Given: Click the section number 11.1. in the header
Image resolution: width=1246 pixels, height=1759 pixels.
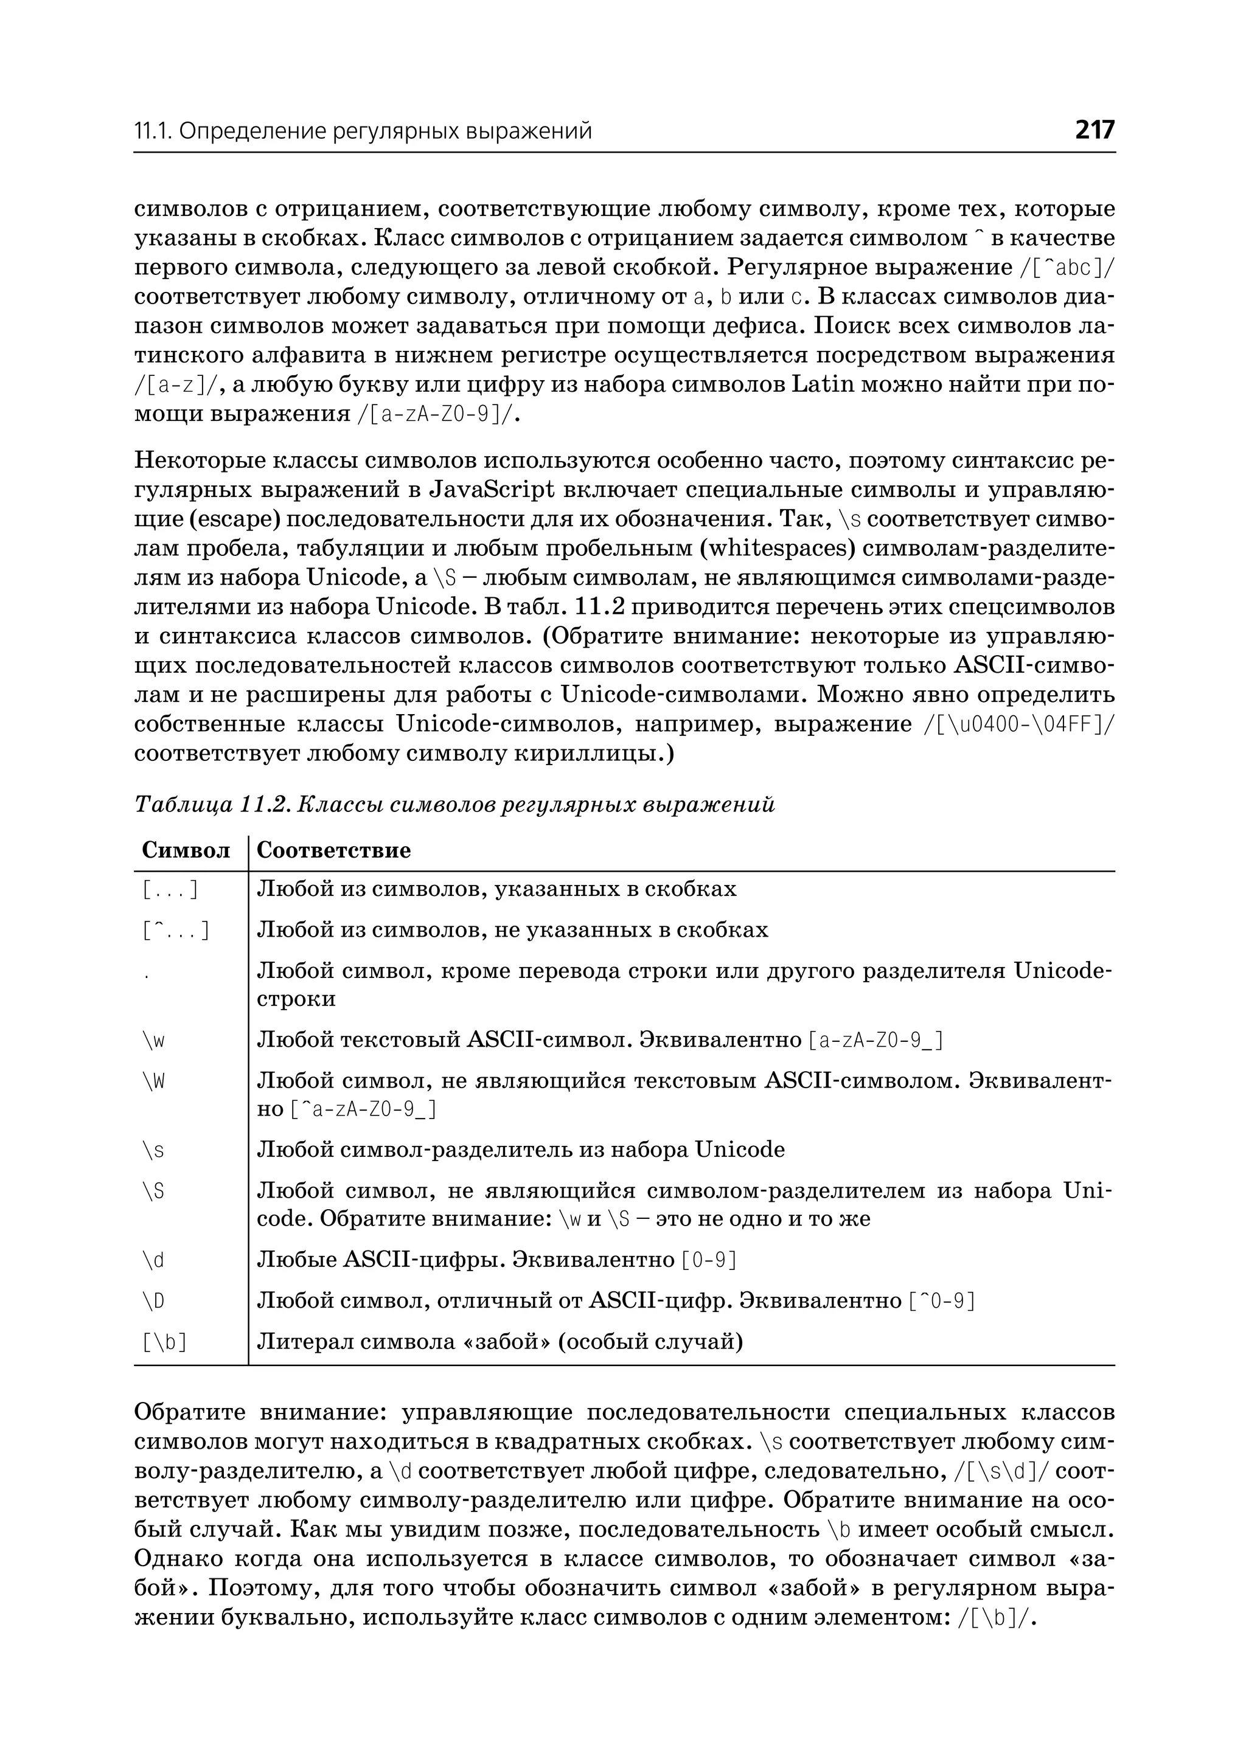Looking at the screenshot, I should coord(154,132).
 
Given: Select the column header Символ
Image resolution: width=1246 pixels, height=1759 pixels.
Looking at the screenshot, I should coord(186,850).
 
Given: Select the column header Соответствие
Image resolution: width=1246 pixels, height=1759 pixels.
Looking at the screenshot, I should coord(334,850).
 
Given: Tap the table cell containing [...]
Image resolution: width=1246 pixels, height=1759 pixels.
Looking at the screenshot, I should coord(171,890).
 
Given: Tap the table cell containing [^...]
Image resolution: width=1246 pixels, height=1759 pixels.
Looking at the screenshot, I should coord(176,931).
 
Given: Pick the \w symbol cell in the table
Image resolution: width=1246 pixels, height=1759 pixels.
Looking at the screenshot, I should coord(153,1041).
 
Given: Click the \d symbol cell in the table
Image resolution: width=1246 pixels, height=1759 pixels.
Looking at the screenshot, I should coord(153,1260).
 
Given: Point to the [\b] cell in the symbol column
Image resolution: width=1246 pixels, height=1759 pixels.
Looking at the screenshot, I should coord(165,1342).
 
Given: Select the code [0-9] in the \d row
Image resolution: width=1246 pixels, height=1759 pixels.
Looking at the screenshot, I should coord(709,1260).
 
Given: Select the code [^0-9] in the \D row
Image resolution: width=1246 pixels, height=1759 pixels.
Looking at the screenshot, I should coord(941,1302).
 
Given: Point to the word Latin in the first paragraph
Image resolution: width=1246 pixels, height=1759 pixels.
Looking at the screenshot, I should coord(823,385).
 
